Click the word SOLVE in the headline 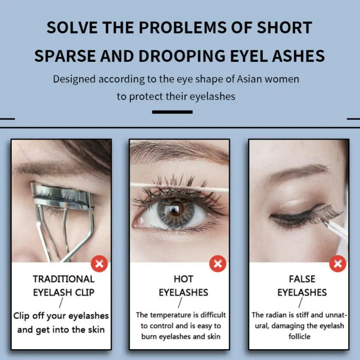72,28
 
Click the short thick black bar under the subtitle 172,112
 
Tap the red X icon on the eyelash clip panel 99,264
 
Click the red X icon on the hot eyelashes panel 218,264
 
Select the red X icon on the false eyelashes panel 338,264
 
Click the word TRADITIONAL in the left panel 64,279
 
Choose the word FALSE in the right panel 302,279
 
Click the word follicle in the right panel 300,337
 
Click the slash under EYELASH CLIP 61,303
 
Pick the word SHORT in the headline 284,28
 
